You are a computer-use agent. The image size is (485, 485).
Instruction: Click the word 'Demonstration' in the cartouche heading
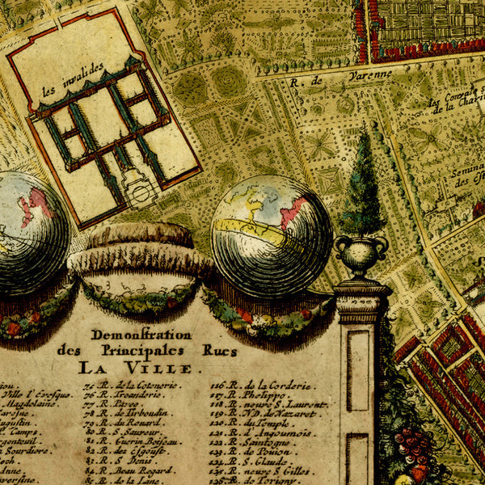click(x=129, y=334)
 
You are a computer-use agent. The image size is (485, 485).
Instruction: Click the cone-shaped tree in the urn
click(x=362, y=186)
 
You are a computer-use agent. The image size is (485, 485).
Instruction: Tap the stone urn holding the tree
click(x=361, y=255)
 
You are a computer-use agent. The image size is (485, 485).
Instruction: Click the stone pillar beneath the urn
click(x=360, y=380)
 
